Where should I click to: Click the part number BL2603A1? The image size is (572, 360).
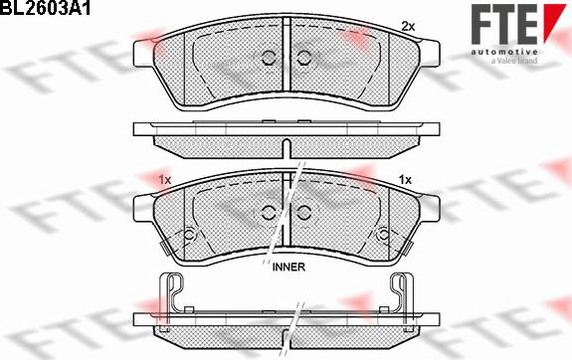click(x=45, y=8)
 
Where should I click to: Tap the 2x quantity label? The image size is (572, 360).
click(x=408, y=26)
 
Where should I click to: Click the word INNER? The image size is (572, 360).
click(x=288, y=267)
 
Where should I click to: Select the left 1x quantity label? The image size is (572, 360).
click(x=165, y=179)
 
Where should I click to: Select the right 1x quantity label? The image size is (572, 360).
click(x=405, y=179)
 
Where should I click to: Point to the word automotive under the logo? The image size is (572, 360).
click(x=503, y=52)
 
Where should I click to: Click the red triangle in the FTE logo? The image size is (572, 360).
click(x=554, y=21)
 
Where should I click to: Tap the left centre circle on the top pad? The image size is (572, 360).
click(x=269, y=58)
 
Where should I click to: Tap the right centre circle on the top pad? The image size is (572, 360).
click(x=303, y=58)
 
